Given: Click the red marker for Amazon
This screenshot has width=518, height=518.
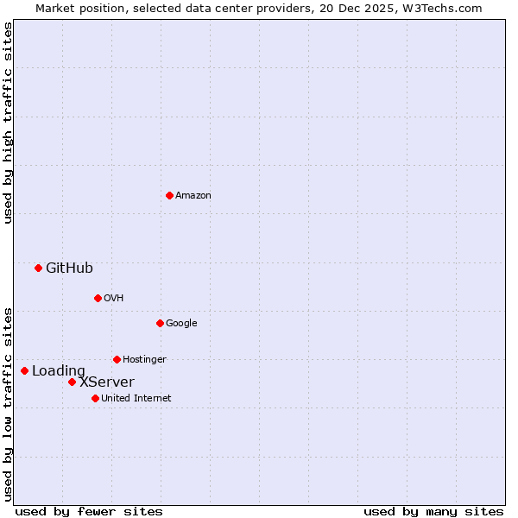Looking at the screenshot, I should pyautogui.click(x=169, y=195).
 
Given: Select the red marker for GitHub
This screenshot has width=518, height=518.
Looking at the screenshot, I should pyautogui.click(x=38, y=268).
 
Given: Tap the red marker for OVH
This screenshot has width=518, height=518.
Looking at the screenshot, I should pyautogui.click(x=98, y=298).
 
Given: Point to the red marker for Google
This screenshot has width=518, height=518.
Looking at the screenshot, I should pyautogui.click(x=160, y=323).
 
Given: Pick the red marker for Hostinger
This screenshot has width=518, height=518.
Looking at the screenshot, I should pyautogui.click(x=117, y=359).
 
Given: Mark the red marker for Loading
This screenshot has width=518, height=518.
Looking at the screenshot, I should pyautogui.click(x=24, y=370).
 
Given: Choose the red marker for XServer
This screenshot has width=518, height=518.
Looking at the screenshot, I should pyautogui.click(x=72, y=382).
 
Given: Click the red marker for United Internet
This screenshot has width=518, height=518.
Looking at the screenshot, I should pyautogui.click(x=95, y=398).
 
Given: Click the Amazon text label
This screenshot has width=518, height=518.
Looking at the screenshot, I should pyautogui.click(x=193, y=196).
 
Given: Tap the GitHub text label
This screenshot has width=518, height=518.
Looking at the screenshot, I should pyautogui.click(x=69, y=268).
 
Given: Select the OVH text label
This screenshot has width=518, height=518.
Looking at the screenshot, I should pyautogui.click(x=114, y=299).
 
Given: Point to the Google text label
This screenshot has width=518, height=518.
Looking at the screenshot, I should pyautogui.click(x=181, y=324).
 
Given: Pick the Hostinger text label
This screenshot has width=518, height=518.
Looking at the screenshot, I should pyautogui.click(x=144, y=360).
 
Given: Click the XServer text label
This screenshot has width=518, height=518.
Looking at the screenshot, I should pyautogui.click(x=107, y=382).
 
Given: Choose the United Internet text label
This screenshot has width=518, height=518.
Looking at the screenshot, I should pyautogui.click(x=136, y=399).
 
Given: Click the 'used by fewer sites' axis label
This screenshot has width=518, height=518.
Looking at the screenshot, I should pyautogui.click(x=89, y=511).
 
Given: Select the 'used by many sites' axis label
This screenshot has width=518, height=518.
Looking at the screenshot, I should pyautogui.click(x=433, y=511).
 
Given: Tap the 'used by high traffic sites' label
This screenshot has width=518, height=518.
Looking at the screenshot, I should pyautogui.click(x=8, y=123).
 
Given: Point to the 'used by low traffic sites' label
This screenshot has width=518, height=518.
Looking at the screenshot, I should pyautogui.click(x=8, y=404).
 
